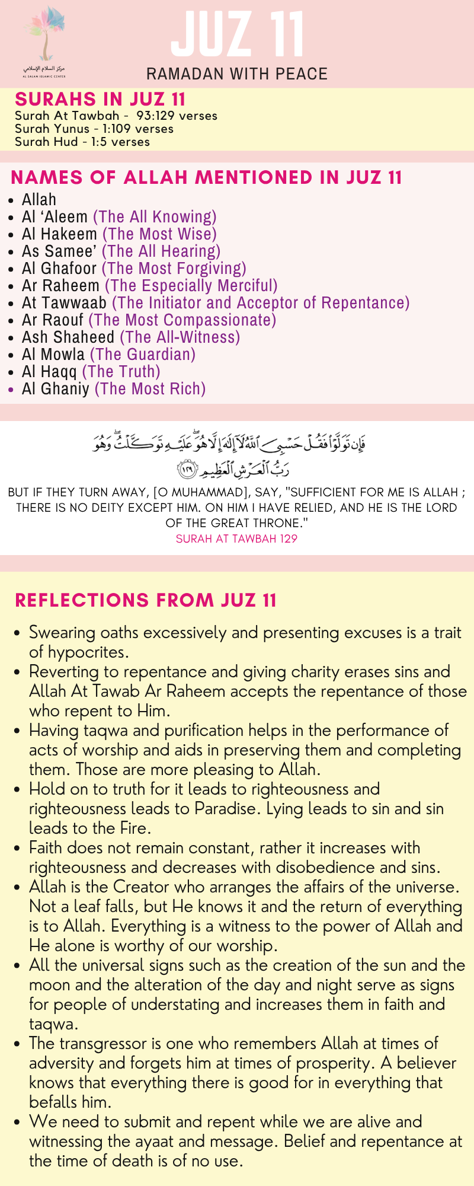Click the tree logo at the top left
[45, 39]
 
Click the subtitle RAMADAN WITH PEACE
[237, 74]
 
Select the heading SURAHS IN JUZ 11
[100, 99]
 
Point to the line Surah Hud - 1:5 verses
[82, 142]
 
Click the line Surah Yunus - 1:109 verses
[94, 129]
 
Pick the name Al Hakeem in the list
[59, 234]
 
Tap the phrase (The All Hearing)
[161, 251]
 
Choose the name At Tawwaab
[64, 303]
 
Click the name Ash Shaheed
[68, 337]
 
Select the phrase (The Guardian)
[143, 355]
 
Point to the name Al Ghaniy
[56, 389]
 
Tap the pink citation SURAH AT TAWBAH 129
[236, 539]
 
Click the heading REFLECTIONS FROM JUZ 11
[146, 600]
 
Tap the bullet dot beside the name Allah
[12, 200]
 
